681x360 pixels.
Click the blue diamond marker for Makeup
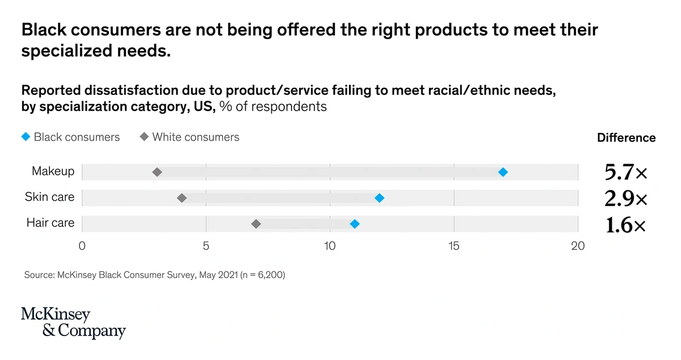point(503,172)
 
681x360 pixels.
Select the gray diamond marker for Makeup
point(157,172)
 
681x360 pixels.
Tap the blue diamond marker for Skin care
point(380,198)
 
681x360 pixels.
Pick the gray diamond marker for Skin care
point(182,198)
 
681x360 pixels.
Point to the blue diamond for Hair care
point(355,224)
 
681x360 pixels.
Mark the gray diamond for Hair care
point(256,224)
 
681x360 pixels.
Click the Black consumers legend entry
point(71,137)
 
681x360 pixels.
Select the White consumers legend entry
point(190,137)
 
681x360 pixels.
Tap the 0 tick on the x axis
point(82,246)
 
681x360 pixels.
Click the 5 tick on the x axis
point(206,246)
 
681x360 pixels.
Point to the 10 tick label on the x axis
point(330,246)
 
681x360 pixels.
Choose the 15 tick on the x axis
point(453,246)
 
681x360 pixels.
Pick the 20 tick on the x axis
point(578,246)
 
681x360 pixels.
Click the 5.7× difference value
point(626,172)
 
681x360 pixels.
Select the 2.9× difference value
point(626,199)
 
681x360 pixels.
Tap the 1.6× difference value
point(626,225)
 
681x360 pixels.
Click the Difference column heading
point(626,138)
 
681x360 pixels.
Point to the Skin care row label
point(50,197)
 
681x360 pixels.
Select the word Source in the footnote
point(39,275)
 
